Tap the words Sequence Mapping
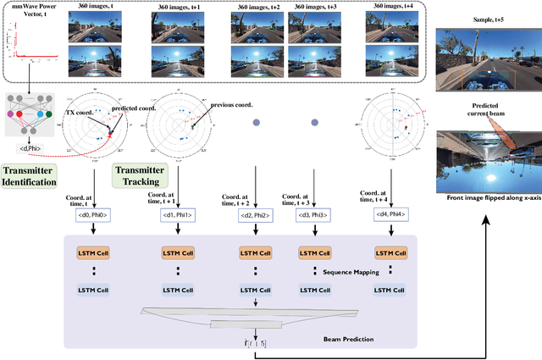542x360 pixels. (x=352, y=273)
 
